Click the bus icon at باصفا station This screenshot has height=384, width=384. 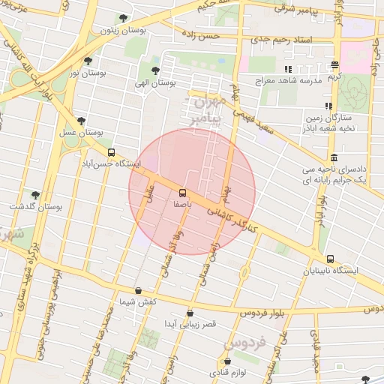click(184, 192)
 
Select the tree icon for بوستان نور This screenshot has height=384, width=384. click(88, 61)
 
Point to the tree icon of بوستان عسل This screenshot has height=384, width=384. click(81, 121)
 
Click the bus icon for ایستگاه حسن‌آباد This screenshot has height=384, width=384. click(112, 152)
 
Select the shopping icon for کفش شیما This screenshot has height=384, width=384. click(138, 290)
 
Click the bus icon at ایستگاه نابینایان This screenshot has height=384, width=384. click(331, 259)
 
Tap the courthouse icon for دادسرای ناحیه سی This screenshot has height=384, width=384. click(333, 158)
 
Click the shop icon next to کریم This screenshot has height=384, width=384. click(334, 64)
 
